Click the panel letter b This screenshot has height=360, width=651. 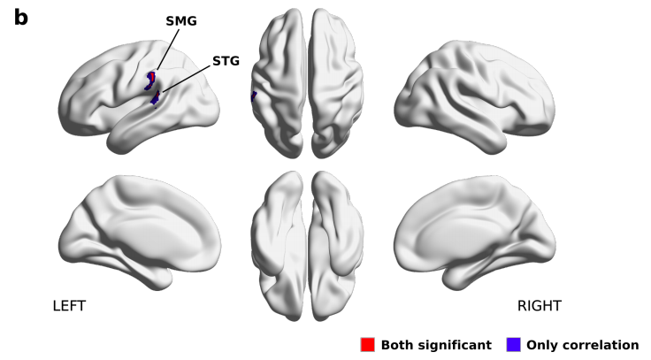20,17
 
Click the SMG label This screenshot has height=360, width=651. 181,19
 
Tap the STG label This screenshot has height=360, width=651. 226,62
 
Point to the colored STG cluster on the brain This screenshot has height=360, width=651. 156,98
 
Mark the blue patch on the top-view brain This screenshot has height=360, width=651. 254,96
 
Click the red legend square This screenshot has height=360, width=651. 368,344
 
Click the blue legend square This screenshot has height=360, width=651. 513,344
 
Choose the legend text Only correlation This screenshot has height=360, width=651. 582,345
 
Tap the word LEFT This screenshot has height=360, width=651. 69,306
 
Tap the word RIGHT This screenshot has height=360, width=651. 539,306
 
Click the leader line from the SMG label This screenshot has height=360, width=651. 165,50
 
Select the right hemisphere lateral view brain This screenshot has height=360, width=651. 478,88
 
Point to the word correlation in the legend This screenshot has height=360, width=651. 601,345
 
